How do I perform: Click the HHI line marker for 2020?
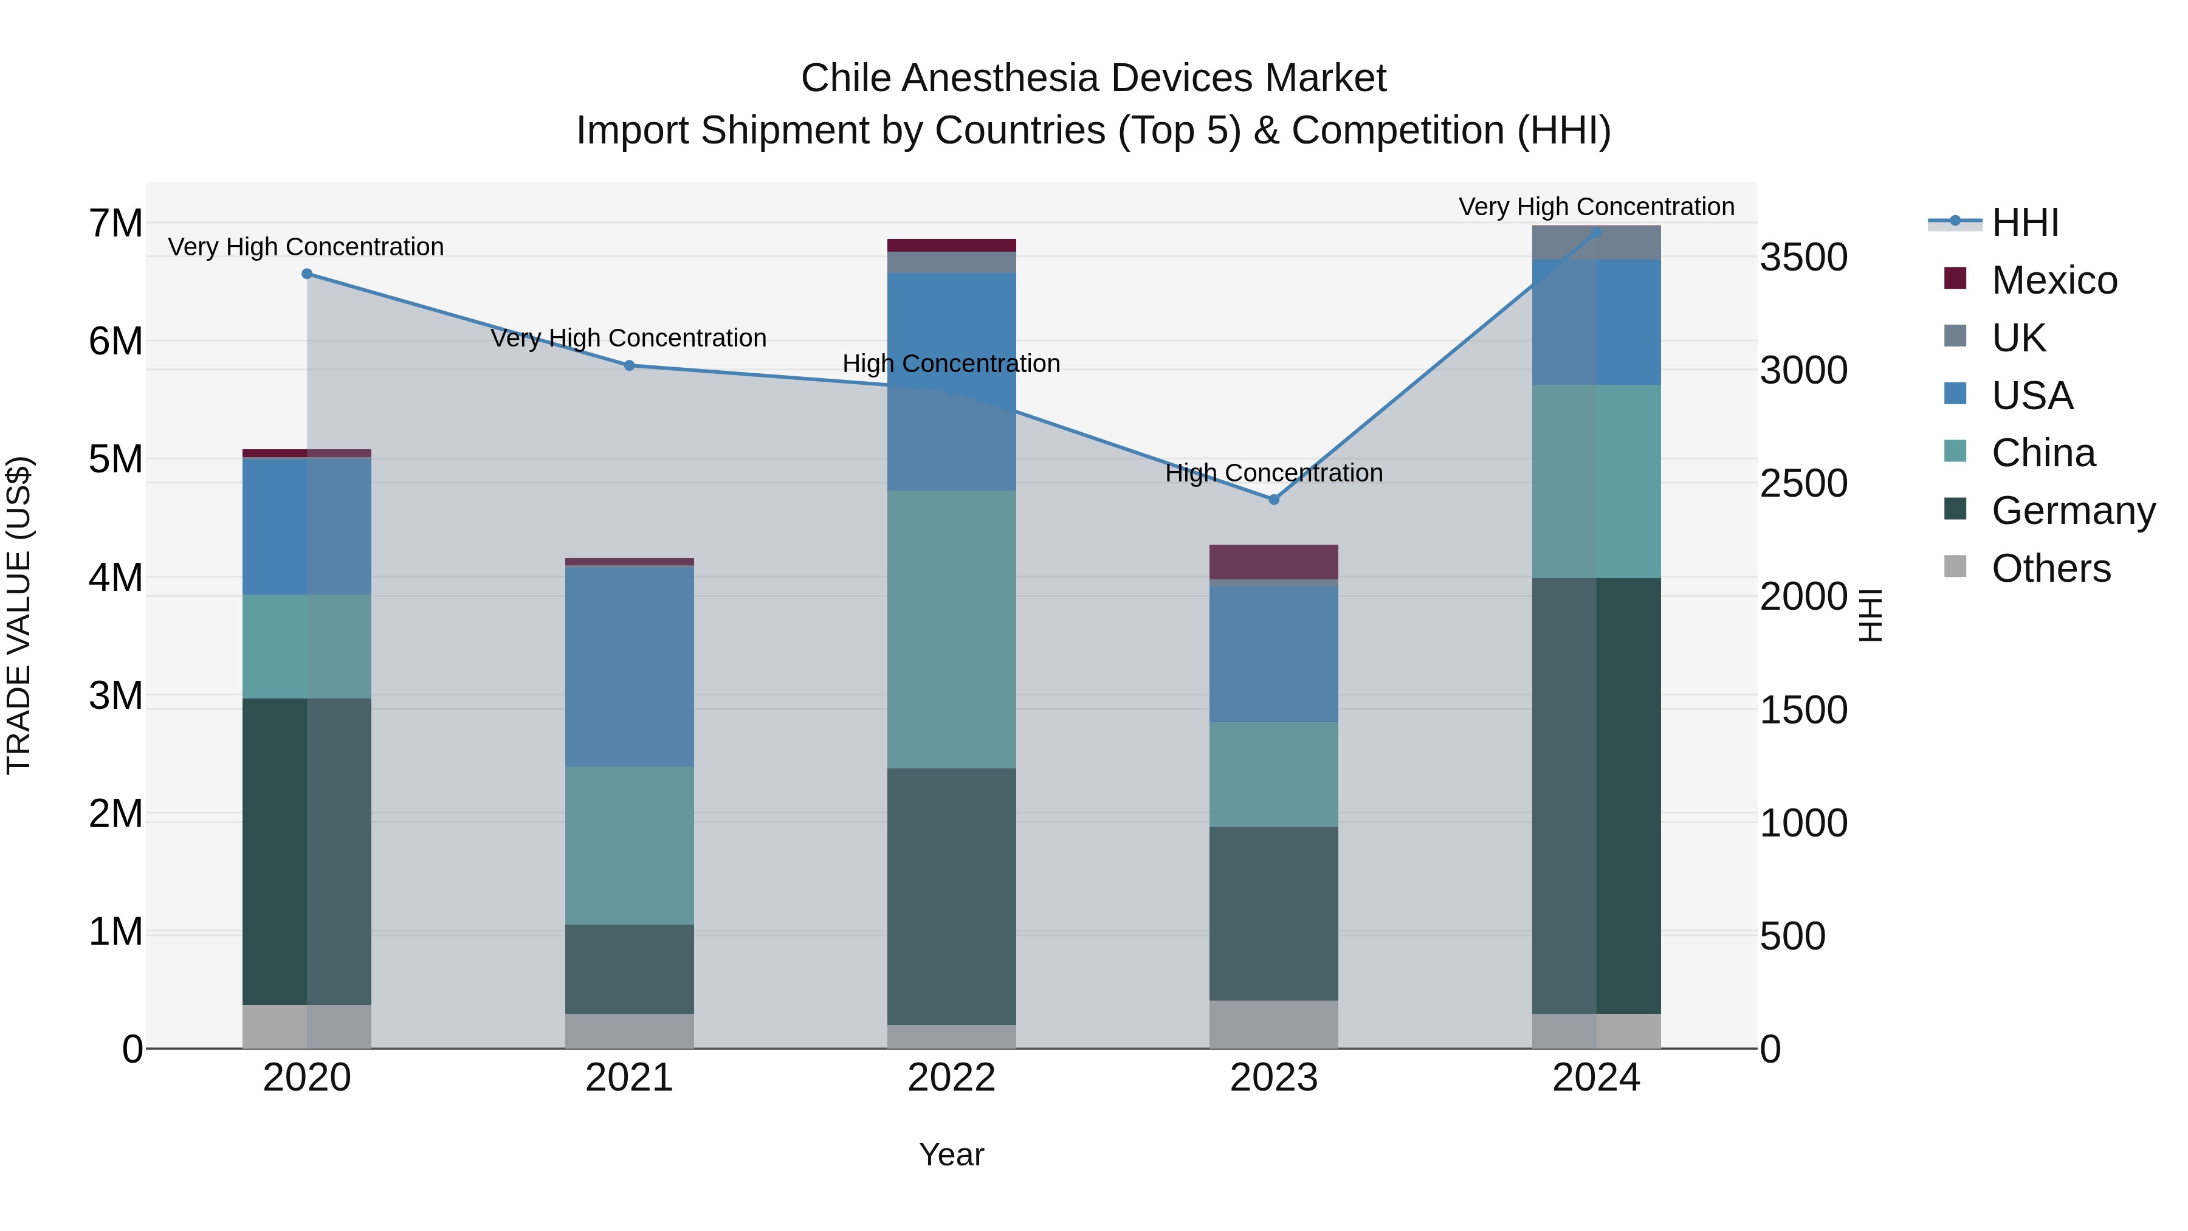[x=308, y=274]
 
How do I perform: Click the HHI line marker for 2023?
[x=1273, y=500]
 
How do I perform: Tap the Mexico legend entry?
[x=2054, y=280]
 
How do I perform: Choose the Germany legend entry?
[x=2073, y=511]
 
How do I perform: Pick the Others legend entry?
[x=2051, y=568]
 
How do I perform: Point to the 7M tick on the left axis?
[x=115, y=224]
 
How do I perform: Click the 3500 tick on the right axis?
[x=1803, y=257]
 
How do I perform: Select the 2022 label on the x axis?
[x=951, y=1078]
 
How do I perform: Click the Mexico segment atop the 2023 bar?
[x=1273, y=562]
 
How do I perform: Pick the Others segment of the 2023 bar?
[x=1273, y=1024]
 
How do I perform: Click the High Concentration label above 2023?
[x=1273, y=472]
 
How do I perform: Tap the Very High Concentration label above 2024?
[x=1596, y=207]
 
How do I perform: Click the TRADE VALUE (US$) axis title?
[x=19, y=615]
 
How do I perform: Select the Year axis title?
[x=951, y=1154]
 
